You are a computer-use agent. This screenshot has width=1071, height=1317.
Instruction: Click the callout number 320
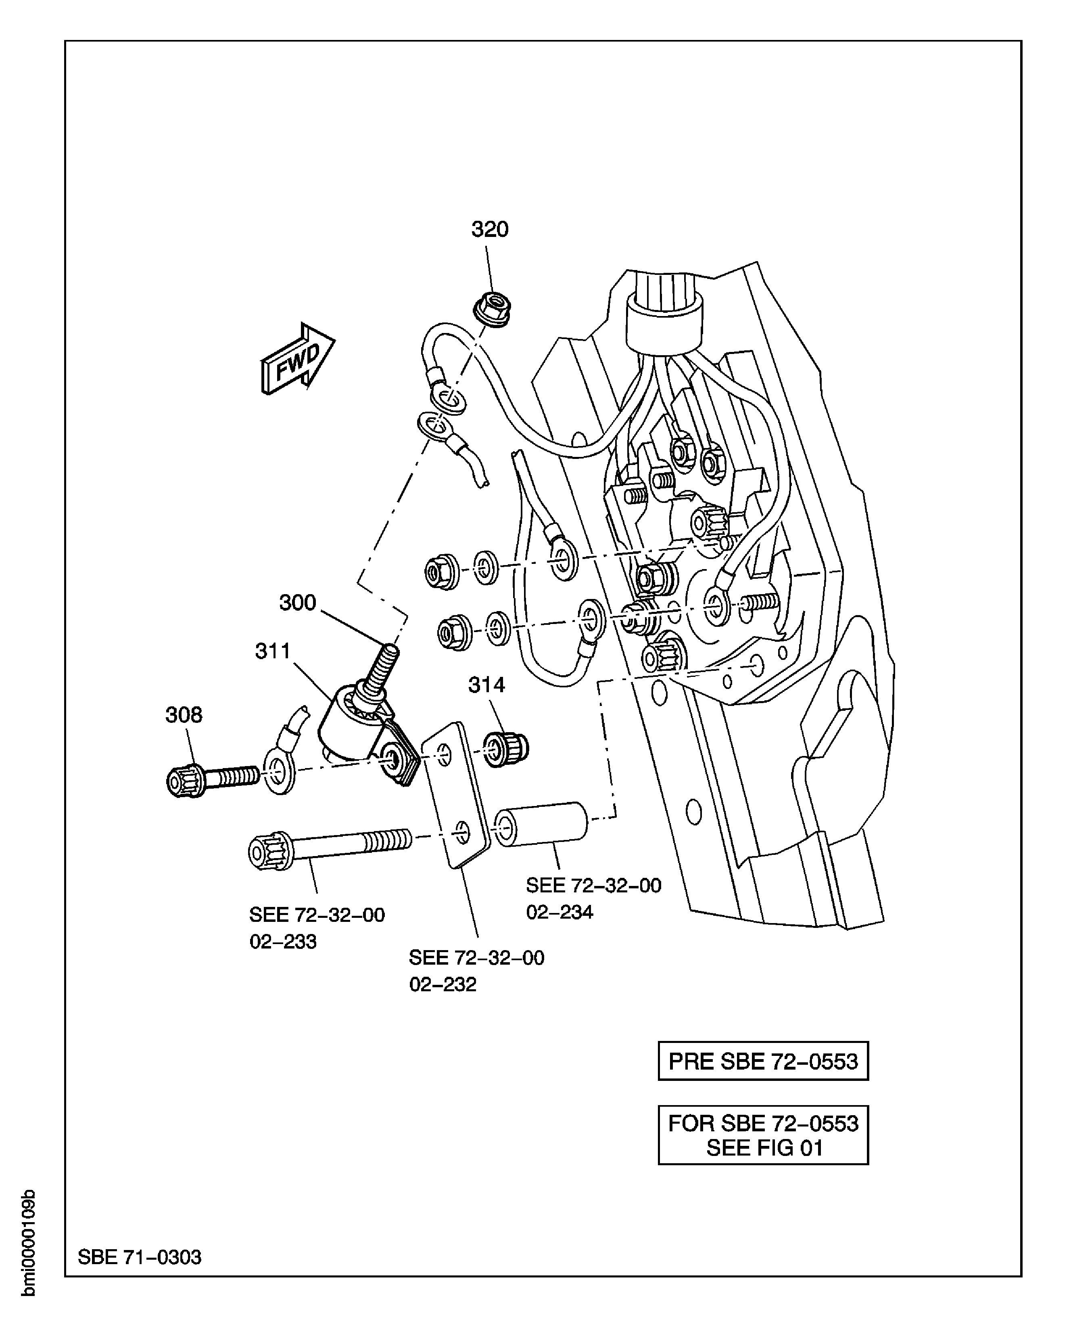490,230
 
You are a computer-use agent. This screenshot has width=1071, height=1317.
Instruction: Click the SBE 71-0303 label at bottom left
140,1257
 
